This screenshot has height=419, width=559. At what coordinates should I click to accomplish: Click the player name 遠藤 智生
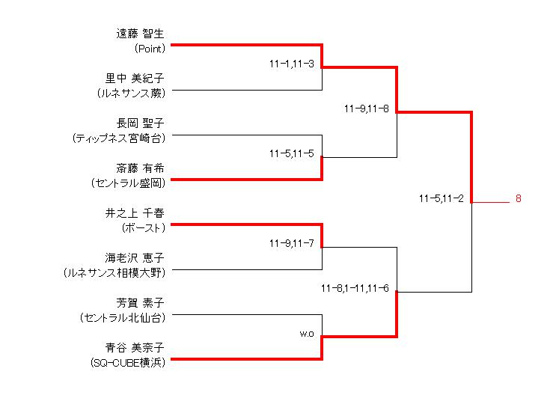pyautogui.click(x=140, y=34)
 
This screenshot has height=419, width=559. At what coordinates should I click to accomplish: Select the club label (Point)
pyautogui.click(x=150, y=49)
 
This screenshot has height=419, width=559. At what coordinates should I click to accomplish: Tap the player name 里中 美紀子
pyautogui.click(x=135, y=79)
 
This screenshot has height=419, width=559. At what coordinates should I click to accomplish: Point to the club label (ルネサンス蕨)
pyautogui.click(x=131, y=94)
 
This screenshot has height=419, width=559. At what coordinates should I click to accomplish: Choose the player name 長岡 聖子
pyautogui.click(x=140, y=123)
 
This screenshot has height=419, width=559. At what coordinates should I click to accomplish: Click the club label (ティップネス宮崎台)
pyautogui.click(x=118, y=138)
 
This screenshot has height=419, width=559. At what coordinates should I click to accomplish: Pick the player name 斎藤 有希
pyautogui.click(x=140, y=168)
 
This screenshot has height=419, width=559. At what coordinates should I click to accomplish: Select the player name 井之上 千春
pyautogui.click(x=135, y=213)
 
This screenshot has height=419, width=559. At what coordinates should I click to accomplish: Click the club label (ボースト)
pyautogui.click(x=142, y=228)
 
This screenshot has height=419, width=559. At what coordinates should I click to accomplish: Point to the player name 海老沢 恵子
pyautogui.click(x=135, y=257)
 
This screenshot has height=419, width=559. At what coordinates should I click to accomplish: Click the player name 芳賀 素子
pyautogui.click(x=140, y=302)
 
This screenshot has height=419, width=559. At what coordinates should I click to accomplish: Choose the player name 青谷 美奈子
pyautogui.click(x=135, y=347)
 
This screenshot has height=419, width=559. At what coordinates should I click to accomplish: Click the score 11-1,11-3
pyautogui.click(x=292, y=64)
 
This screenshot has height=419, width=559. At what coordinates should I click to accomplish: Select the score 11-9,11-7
pyautogui.click(x=292, y=243)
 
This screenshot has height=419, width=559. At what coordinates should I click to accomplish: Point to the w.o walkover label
pyautogui.click(x=306, y=333)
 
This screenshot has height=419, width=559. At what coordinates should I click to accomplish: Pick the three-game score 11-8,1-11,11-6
pyautogui.click(x=355, y=288)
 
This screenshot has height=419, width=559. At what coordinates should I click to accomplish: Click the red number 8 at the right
pyautogui.click(x=517, y=199)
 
